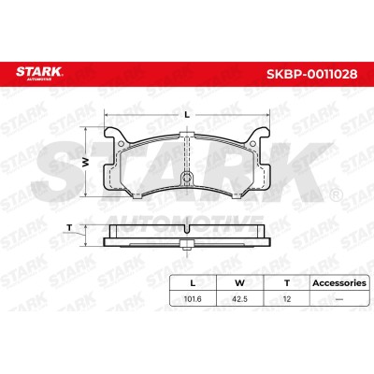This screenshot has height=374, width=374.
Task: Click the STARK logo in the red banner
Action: point(39,73)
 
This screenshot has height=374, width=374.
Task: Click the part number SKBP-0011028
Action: point(311,74)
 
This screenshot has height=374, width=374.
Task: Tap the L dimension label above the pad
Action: point(187,115)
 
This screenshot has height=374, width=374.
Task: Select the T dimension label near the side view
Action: point(69,228)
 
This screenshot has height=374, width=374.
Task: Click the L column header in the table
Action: point(193,283)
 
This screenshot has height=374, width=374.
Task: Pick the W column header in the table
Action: point(239,283)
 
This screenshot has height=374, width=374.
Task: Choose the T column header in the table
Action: point(287,283)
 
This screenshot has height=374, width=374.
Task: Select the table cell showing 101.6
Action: point(193,299)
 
